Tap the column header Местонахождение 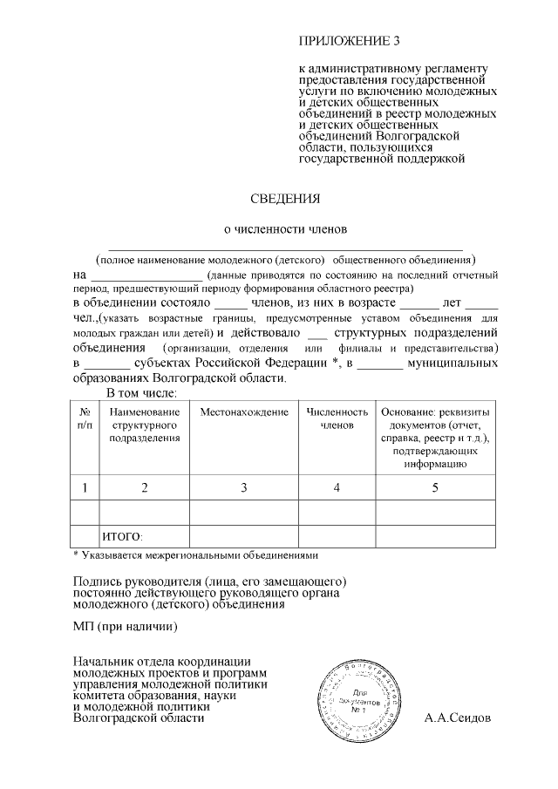244,411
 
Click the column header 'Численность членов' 337,418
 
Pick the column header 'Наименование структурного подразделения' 145,424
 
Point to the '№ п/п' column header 85,417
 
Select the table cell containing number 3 244,487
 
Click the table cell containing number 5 434,487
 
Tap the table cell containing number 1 85,487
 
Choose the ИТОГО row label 123,535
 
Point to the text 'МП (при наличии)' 126,626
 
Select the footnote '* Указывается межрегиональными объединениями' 195,554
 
